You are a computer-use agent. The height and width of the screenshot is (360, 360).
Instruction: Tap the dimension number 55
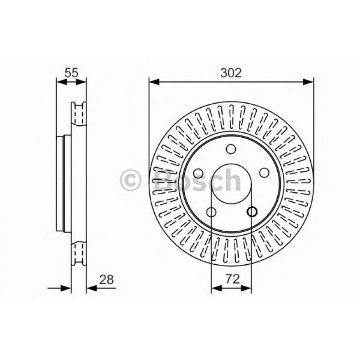tap(71, 73)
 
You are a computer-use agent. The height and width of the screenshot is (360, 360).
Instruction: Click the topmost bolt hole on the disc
tap(231, 149)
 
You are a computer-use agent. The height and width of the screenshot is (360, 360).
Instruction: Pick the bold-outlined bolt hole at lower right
tap(252, 212)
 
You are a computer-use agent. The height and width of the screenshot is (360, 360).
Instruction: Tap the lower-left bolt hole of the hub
tap(211, 212)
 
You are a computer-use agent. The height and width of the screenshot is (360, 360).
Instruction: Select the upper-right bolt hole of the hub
tap(264, 173)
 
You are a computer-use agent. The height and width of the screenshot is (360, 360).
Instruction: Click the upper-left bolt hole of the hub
tap(198, 173)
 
